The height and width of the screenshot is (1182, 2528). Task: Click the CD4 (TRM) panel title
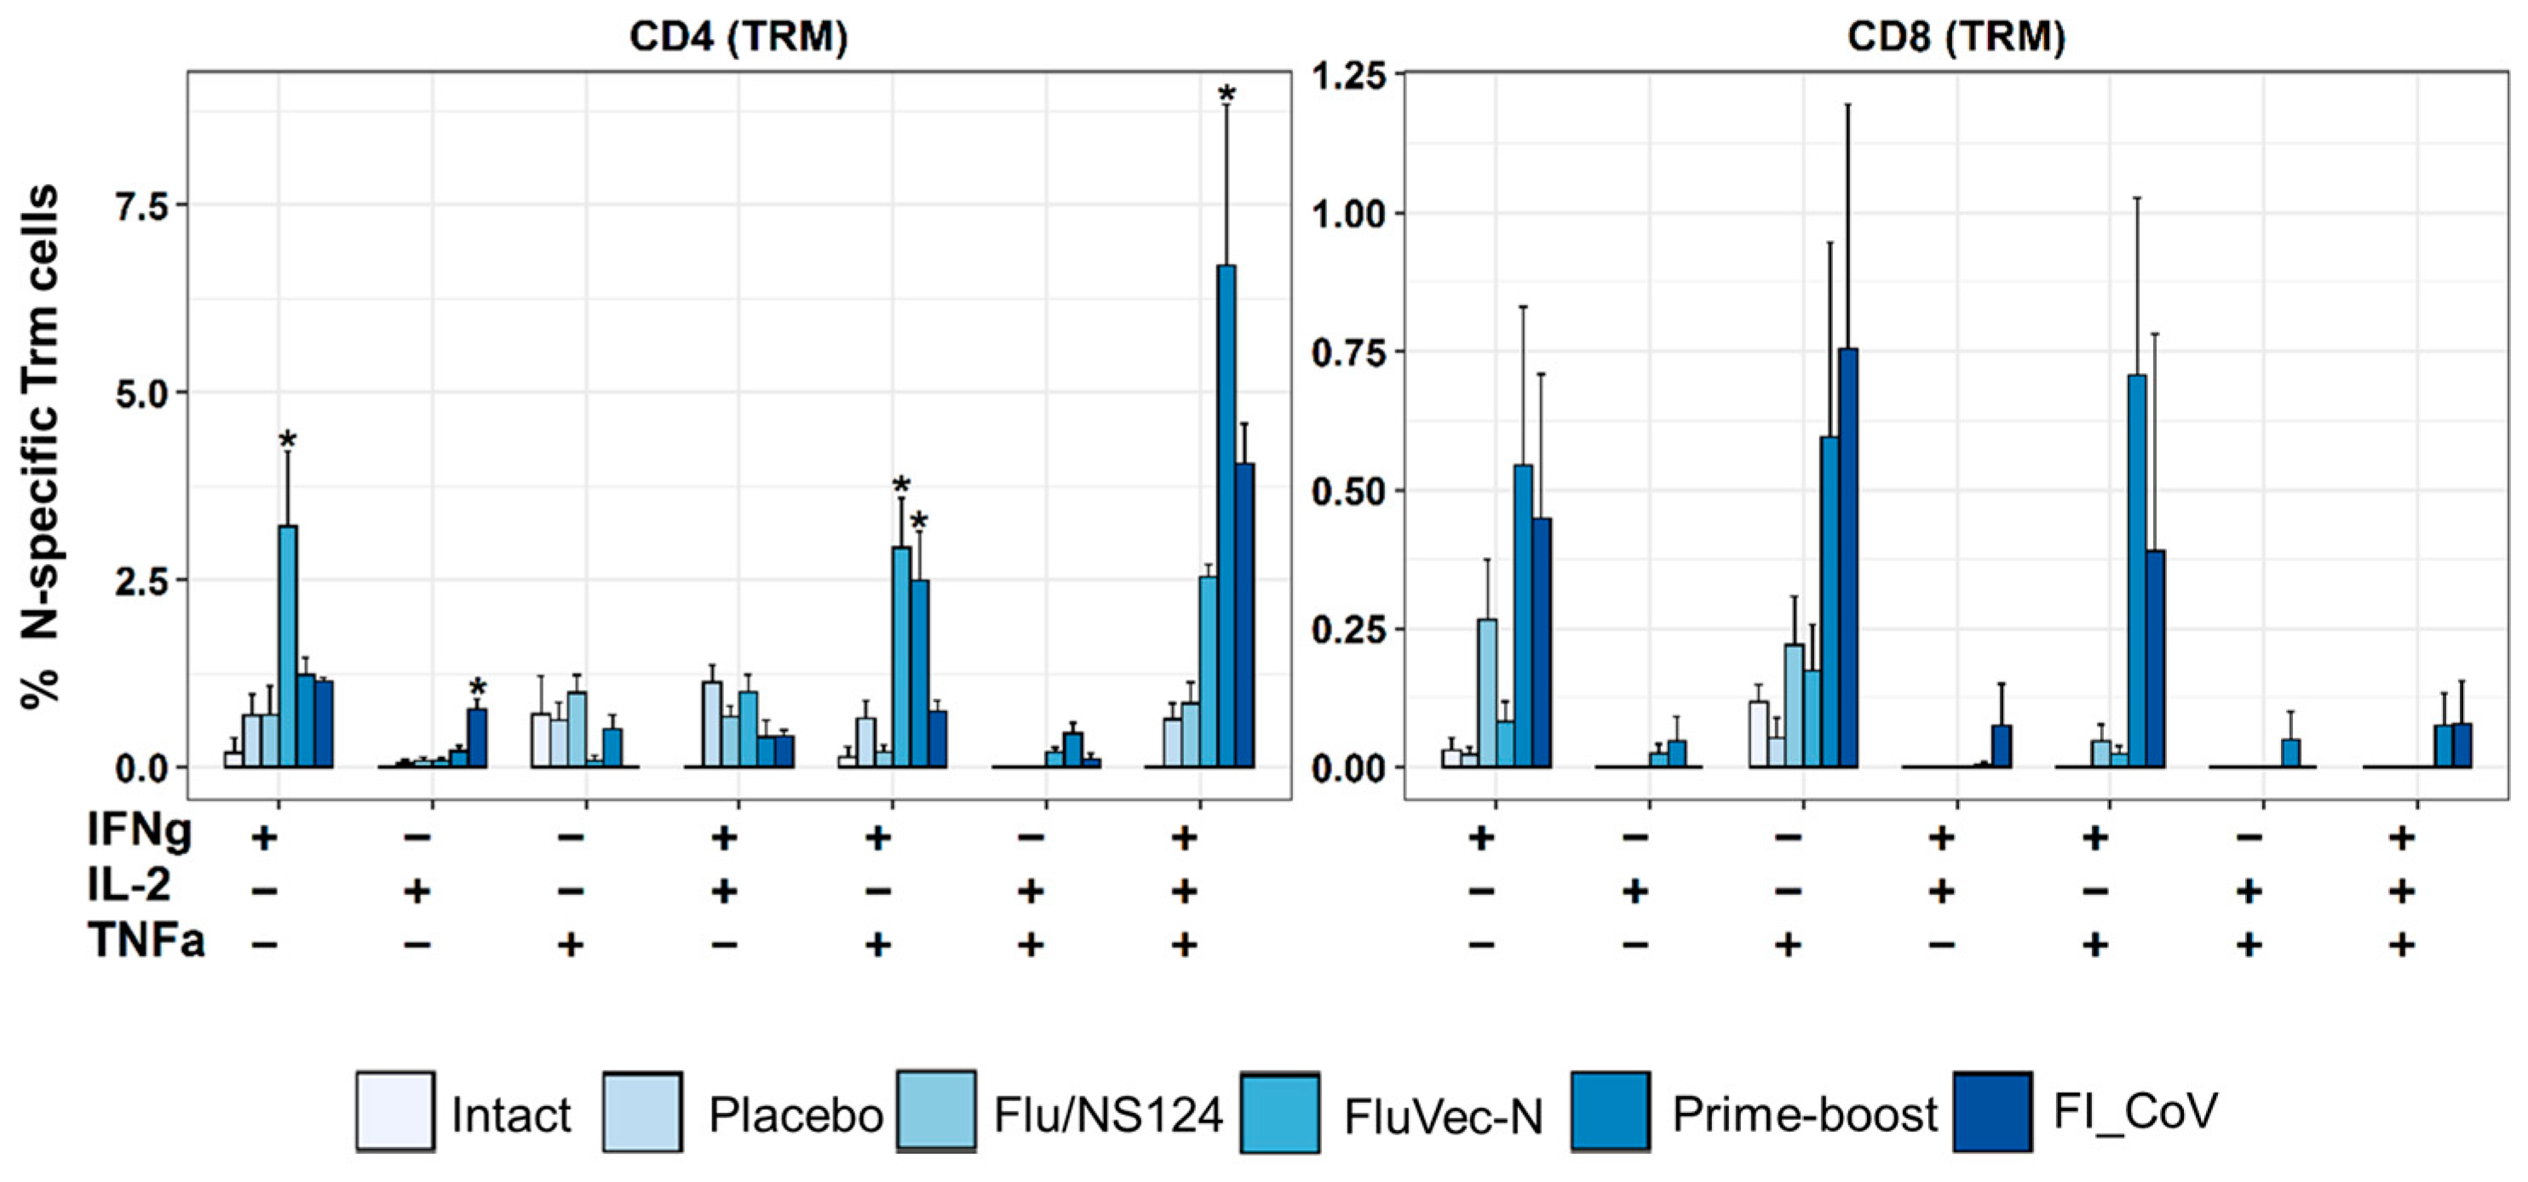(738, 37)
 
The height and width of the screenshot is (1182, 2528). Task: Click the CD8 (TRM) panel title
(1956, 37)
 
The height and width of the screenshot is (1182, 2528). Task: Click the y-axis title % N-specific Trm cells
(41, 446)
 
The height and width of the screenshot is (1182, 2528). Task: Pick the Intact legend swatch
(394, 1110)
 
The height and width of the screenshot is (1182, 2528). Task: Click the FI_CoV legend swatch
(1992, 1110)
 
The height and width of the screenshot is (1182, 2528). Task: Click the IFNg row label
(140, 831)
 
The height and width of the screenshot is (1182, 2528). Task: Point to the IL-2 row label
(129, 886)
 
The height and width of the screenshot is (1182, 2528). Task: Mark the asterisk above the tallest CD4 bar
(1227, 95)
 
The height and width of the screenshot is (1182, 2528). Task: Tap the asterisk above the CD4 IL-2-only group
(478, 687)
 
